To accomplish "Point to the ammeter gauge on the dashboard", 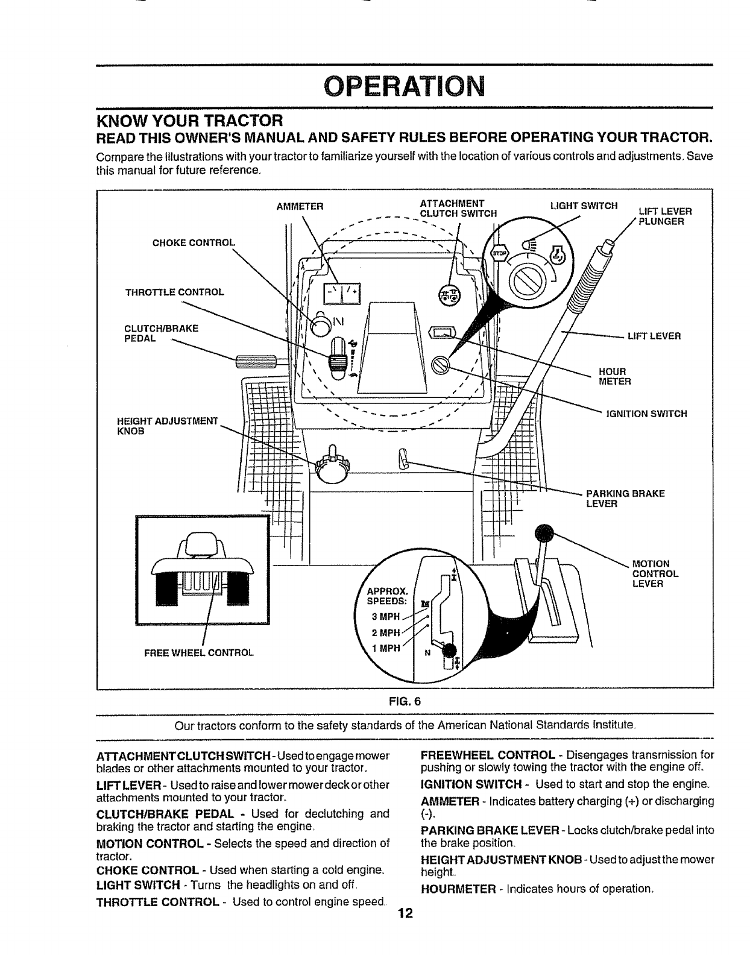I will tap(341, 295).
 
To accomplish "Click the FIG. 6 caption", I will tap(405, 701).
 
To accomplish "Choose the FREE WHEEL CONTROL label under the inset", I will tap(203, 652).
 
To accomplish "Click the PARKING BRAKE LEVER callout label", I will tap(625, 499).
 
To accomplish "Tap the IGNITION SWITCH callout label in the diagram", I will tap(646, 414).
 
